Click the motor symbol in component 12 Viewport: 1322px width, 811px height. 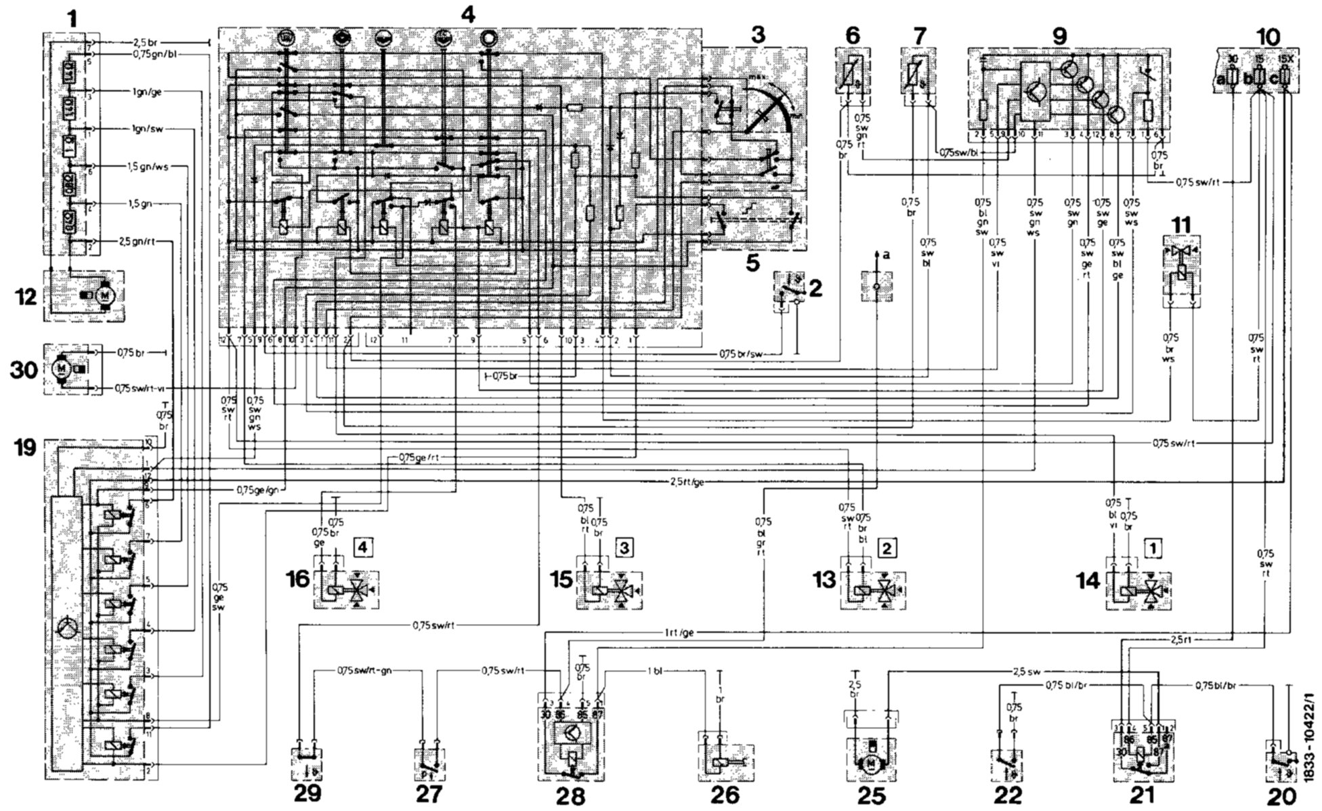(102, 295)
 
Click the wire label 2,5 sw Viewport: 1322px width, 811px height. (1026, 673)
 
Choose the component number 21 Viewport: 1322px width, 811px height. (1145, 795)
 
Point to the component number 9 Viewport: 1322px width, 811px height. (1059, 37)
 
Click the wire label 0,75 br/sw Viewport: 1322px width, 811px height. (742, 354)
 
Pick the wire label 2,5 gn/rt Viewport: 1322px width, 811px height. (136, 241)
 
